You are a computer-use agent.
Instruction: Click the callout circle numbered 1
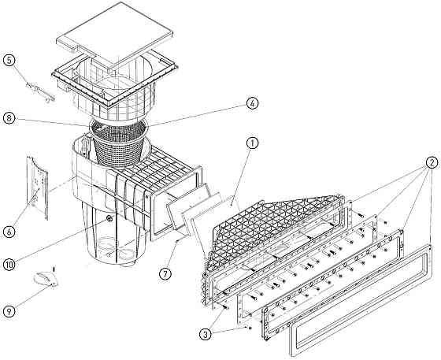[252, 143]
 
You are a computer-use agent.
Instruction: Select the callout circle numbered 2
[432, 162]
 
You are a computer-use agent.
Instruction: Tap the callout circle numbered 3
[206, 335]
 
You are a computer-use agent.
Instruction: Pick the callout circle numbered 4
[252, 103]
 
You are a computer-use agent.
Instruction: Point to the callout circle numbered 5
[9, 61]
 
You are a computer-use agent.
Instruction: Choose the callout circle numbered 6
[9, 232]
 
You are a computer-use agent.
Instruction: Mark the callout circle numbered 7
[165, 273]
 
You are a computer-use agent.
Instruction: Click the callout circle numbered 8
[9, 118]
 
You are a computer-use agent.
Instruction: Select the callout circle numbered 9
[9, 311]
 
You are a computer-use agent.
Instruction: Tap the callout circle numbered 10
[9, 265]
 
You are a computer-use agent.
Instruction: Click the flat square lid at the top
[114, 34]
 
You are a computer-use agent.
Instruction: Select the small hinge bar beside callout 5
[40, 92]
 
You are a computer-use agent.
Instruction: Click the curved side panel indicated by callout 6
[37, 187]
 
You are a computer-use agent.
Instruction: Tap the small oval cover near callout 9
[46, 279]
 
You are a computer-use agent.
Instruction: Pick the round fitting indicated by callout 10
[109, 218]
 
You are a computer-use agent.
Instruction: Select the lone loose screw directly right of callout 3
[248, 328]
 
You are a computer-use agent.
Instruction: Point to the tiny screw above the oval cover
[54, 269]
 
